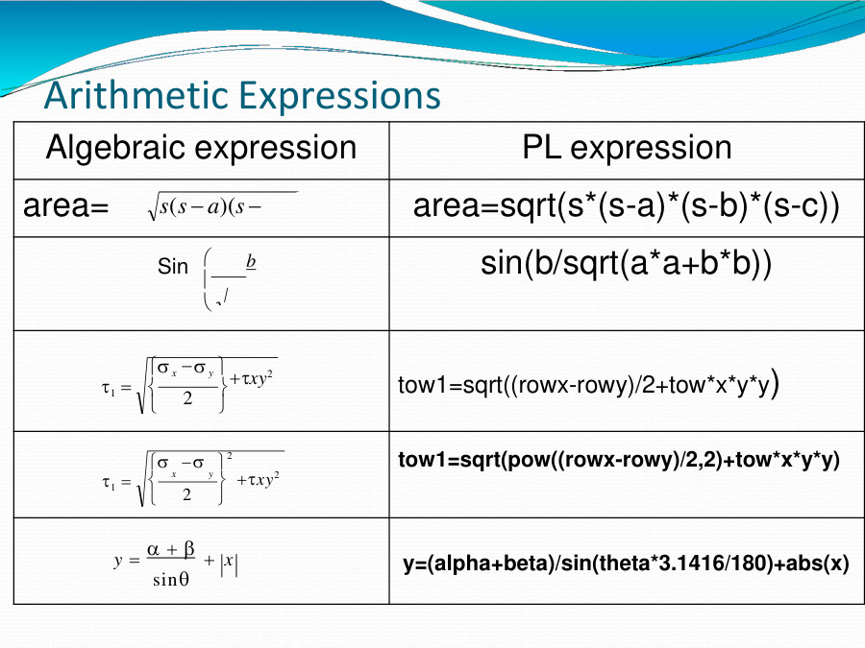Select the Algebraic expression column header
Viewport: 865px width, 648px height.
coord(201,148)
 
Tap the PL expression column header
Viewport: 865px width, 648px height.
coord(627,148)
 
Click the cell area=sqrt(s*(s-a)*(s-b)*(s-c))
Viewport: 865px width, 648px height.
coord(627,206)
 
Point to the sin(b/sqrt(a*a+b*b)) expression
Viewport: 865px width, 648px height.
coord(626,264)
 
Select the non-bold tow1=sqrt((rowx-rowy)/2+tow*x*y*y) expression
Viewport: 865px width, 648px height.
coord(587,385)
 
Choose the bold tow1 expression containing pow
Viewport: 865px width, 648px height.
coord(619,460)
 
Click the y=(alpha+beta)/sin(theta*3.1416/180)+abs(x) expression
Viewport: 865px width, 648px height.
coord(626,564)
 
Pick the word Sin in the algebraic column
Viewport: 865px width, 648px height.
coord(173,267)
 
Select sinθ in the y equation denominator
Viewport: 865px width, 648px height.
coord(170,580)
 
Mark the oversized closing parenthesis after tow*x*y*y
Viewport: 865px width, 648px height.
coord(775,384)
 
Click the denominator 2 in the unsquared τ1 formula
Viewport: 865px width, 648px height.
coord(187,397)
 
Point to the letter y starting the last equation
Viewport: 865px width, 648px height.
coord(119,564)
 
